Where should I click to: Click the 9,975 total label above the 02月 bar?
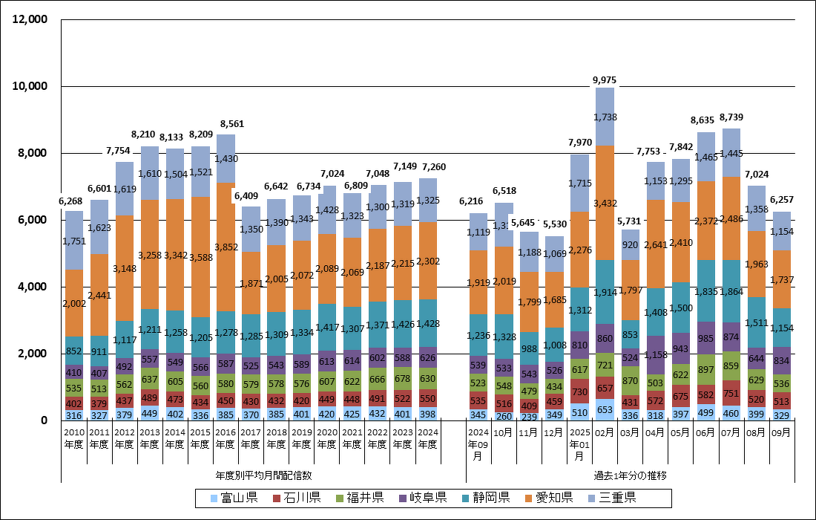point(604,79)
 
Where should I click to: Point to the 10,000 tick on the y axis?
point(30,86)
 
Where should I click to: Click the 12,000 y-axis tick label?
point(30,19)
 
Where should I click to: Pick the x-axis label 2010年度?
point(73,439)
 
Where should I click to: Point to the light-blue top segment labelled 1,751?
point(73,241)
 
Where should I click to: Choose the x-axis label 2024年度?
point(427,439)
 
